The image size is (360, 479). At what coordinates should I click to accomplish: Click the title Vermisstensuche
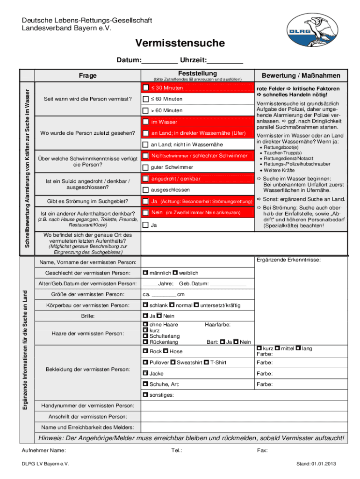(x=180, y=44)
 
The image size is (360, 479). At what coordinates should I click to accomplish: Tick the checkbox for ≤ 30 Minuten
(x=146, y=87)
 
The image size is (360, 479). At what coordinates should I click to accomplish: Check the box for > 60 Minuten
(x=146, y=110)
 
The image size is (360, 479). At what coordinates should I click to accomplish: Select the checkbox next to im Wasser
(x=146, y=122)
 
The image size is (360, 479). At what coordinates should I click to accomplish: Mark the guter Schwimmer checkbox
(x=146, y=167)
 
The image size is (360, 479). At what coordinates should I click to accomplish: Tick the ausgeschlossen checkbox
(x=146, y=190)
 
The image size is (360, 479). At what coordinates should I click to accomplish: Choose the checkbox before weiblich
(x=175, y=272)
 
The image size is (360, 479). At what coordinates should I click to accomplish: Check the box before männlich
(x=145, y=272)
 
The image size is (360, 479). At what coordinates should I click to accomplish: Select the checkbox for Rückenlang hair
(x=145, y=342)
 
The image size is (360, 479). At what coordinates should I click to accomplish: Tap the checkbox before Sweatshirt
(x=173, y=362)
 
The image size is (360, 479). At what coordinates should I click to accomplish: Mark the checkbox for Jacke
(x=145, y=373)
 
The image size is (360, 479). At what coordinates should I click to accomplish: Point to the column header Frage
(x=87, y=75)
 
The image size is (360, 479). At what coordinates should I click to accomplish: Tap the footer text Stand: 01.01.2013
(x=316, y=464)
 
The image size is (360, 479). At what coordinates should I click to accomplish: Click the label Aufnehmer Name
(x=44, y=450)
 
